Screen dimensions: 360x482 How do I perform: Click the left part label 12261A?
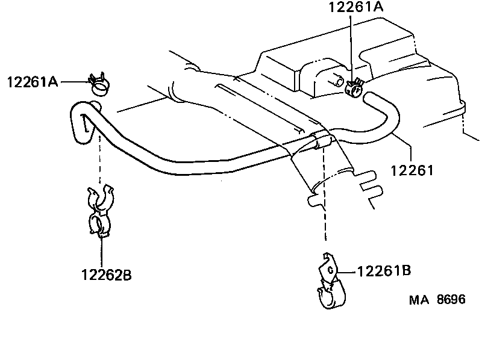point(33,82)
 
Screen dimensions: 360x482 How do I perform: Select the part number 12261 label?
point(412,172)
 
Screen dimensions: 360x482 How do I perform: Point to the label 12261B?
point(384,271)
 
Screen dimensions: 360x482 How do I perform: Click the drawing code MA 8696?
point(438,299)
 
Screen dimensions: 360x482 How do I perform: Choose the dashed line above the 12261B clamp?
point(325,199)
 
